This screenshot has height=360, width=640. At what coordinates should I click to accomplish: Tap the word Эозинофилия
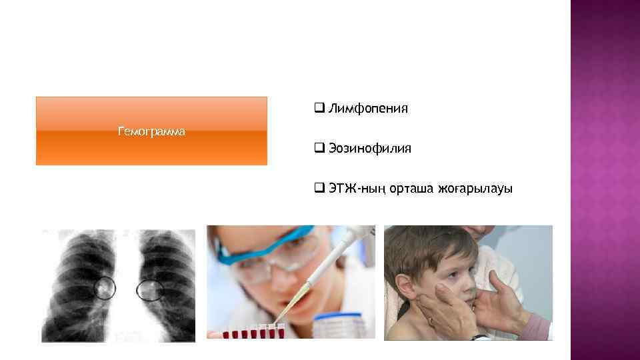pos(369,149)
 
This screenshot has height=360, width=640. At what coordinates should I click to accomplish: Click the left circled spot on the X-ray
pos(104,288)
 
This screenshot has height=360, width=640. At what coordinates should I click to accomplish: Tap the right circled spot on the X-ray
pos(149,289)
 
